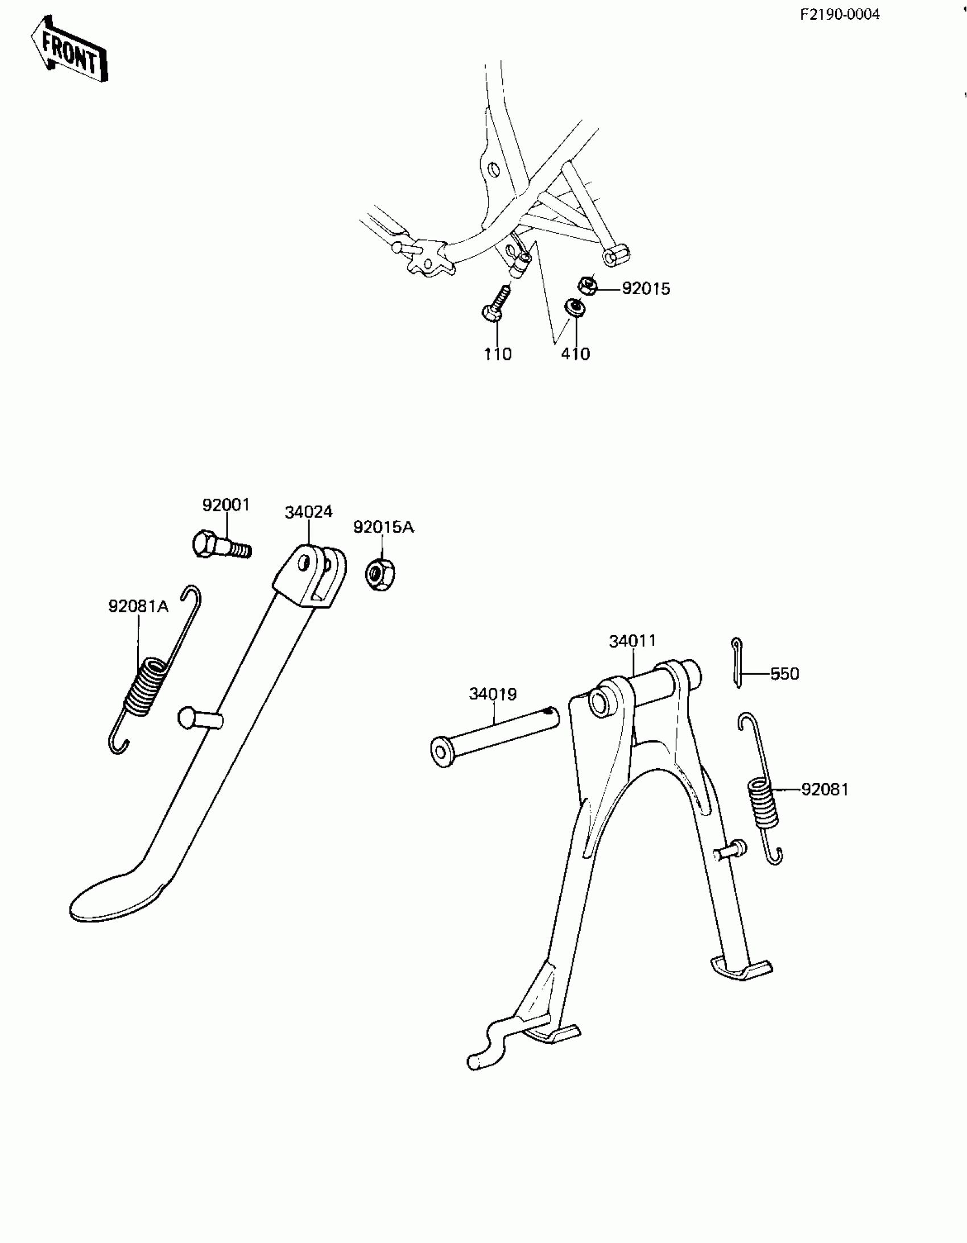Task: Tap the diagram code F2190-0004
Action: point(840,15)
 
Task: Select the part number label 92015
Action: point(646,288)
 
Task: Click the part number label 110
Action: point(498,354)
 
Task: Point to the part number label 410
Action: point(575,354)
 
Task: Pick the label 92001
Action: point(226,505)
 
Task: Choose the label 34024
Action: point(309,512)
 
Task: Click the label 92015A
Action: point(383,527)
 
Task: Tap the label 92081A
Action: point(138,606)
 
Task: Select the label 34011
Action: point(633,641)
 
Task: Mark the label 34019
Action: point(493,694)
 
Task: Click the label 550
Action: point(784,674)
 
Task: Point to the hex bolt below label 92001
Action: point(221,545)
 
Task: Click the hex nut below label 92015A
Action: point(380,574)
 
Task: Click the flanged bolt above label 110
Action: point(497,305)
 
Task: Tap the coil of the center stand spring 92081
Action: point(763,803)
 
